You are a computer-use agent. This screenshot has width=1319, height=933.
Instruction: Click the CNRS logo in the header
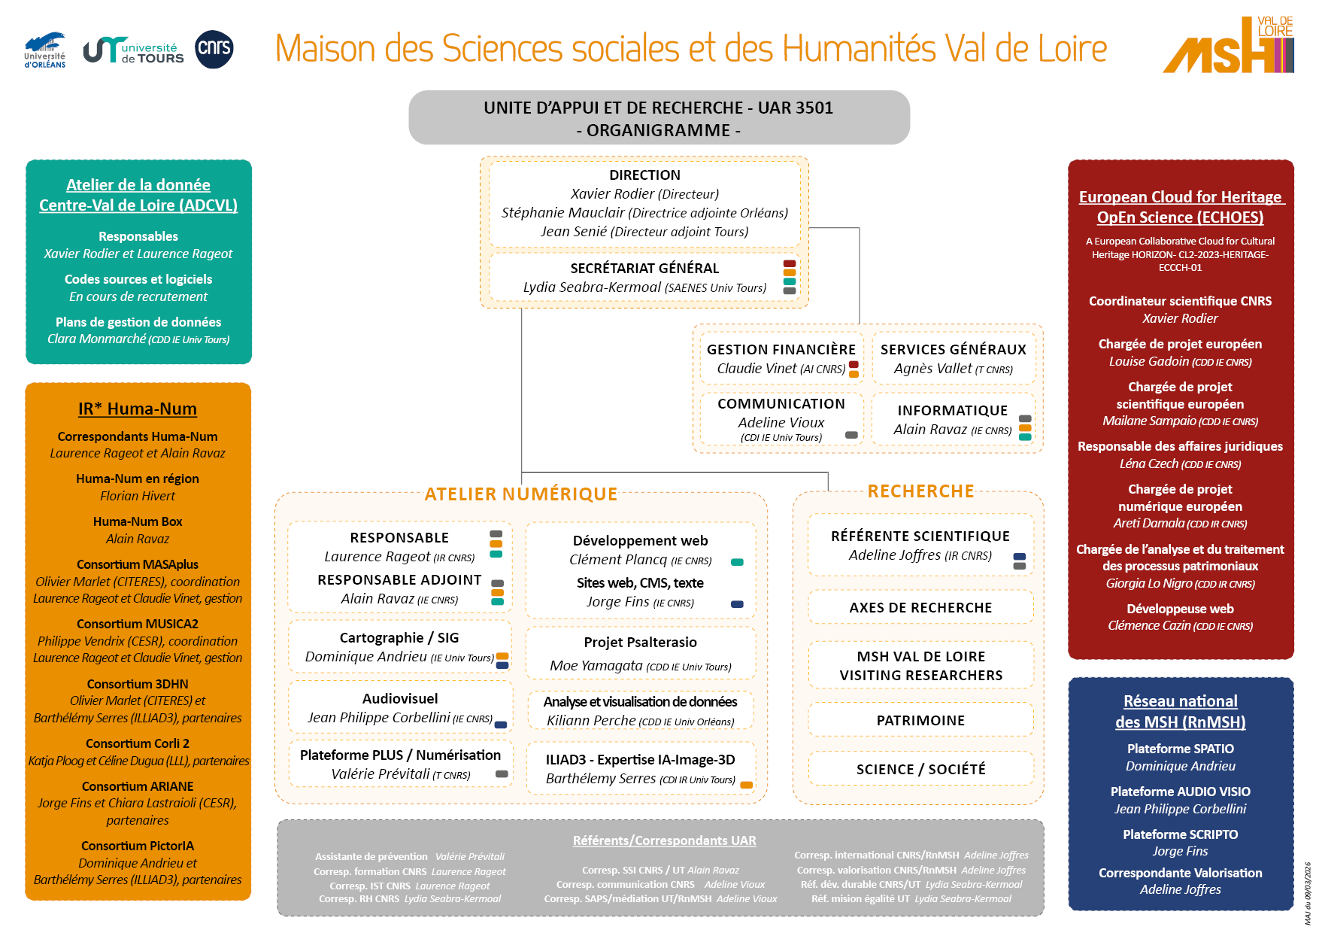214,50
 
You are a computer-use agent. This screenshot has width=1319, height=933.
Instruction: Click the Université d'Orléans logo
45,50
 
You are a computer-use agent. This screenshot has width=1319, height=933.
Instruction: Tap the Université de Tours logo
134,50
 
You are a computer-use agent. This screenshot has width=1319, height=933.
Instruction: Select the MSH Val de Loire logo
1229,47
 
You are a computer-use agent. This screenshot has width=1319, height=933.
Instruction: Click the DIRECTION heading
644,175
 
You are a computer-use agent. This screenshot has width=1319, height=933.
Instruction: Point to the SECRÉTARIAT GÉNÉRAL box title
644,269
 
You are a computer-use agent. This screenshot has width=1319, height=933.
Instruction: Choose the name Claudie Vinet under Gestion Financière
757,369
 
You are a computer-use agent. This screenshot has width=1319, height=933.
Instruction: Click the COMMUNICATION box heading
781,404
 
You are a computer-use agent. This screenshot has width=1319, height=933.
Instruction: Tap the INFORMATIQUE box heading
952,411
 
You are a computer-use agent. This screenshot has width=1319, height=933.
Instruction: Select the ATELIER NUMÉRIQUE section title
520,494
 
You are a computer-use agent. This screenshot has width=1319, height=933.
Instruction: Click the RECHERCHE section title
920,491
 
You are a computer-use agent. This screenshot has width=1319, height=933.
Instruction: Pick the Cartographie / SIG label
399,638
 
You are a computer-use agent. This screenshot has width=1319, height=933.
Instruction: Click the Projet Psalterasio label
640,643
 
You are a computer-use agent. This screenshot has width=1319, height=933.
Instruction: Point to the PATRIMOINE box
920,721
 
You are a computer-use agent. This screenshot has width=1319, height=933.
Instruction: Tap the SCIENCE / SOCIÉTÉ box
920,770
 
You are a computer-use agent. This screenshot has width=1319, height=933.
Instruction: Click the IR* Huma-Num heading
138,409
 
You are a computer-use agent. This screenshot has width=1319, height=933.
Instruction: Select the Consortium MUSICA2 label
138,624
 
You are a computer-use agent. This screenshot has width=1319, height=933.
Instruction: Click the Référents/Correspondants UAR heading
664,840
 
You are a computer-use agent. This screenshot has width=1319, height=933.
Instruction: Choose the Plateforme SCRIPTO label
1180,834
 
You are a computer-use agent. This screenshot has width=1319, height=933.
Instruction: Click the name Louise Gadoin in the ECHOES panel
1148,362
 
